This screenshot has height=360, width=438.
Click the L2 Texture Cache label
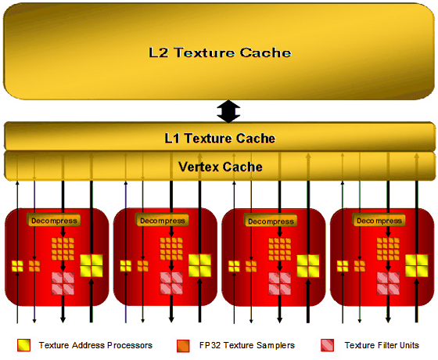(220, 52)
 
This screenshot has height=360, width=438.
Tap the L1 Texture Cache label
(220, 139)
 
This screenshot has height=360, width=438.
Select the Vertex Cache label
(221, 167)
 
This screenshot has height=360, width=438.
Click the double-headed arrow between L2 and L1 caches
(228, 111)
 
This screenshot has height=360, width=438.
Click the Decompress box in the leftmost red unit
(54, 221)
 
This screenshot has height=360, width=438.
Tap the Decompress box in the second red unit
(163, 221)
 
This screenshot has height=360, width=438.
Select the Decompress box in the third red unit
(271, 221)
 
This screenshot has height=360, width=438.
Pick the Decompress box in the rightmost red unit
(379, 221)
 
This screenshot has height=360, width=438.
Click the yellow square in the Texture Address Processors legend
(23, 345)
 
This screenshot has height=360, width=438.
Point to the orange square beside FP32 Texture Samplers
(183, 346)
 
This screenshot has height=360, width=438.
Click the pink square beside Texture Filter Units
(328, 345)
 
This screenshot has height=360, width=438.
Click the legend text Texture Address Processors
(95, 345)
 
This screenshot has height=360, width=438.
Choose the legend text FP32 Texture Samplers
(247, 345)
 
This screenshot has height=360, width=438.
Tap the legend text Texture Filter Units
(382, 345)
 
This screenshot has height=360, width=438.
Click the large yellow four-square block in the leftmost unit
(92, 265)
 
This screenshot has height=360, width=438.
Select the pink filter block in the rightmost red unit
(388, 283)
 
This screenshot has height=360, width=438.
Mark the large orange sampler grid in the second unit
(171, 249)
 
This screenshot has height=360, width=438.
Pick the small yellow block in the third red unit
(234, 266)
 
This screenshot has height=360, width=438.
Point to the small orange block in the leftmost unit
(34, 266)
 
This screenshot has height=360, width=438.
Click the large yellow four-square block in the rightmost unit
(416, 265)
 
